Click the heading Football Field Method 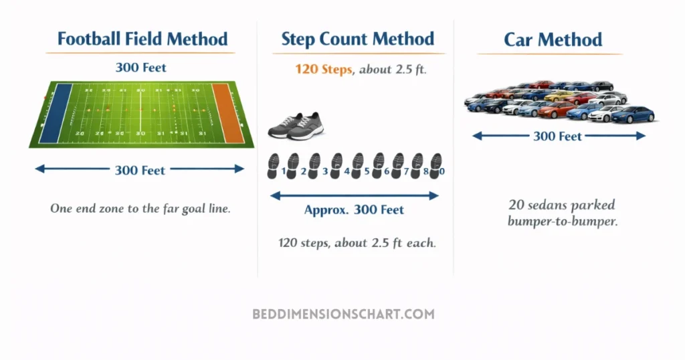tap(142, 39)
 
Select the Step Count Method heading tap(357, 39)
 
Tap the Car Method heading tap(553, 40)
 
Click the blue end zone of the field tap(55, 114)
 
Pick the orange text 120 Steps tap(323, 69)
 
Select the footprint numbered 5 tap(357, 166)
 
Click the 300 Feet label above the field tap(140, 68)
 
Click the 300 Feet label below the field tap(140, 170)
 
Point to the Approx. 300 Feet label tap(354, 209)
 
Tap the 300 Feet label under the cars tap(557, 137)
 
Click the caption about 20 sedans tap(562, 213)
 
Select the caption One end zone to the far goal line tap(140, 208)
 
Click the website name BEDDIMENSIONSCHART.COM tap(343, 314)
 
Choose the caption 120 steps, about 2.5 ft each tap(357, 242)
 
